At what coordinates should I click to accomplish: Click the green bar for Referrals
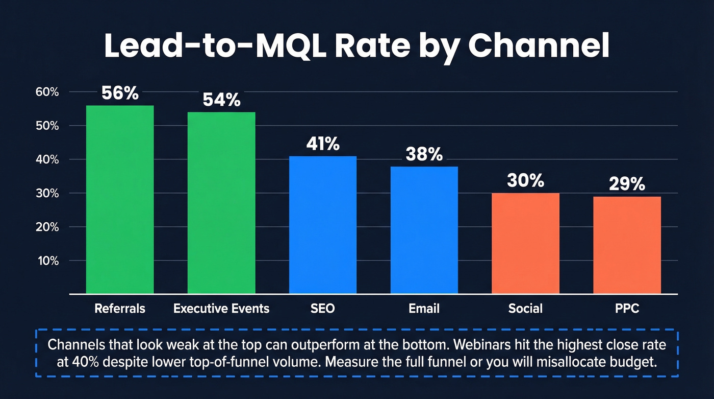pos(120,199)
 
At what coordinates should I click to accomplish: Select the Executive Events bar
pos(221,203)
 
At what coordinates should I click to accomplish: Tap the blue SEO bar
pos(323,225)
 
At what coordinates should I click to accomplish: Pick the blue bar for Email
pos(424,230)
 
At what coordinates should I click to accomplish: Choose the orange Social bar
pos(526,243)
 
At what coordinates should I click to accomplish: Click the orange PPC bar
pos(627,245)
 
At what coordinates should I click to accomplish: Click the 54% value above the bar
pos(221,100)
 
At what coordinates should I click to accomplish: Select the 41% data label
pos(323,144)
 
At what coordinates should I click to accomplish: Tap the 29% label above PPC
pos(627,184)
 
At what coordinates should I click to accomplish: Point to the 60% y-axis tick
pos(47,92)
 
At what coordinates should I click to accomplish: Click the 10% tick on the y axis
pos(47,261)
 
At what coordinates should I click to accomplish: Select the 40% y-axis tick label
pos(47,160)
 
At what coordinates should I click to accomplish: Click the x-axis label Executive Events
pos(221,309)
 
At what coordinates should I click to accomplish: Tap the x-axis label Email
pos(424,309)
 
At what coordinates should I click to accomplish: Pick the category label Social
pos(526,309)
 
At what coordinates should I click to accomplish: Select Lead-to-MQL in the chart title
pos(204,46)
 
